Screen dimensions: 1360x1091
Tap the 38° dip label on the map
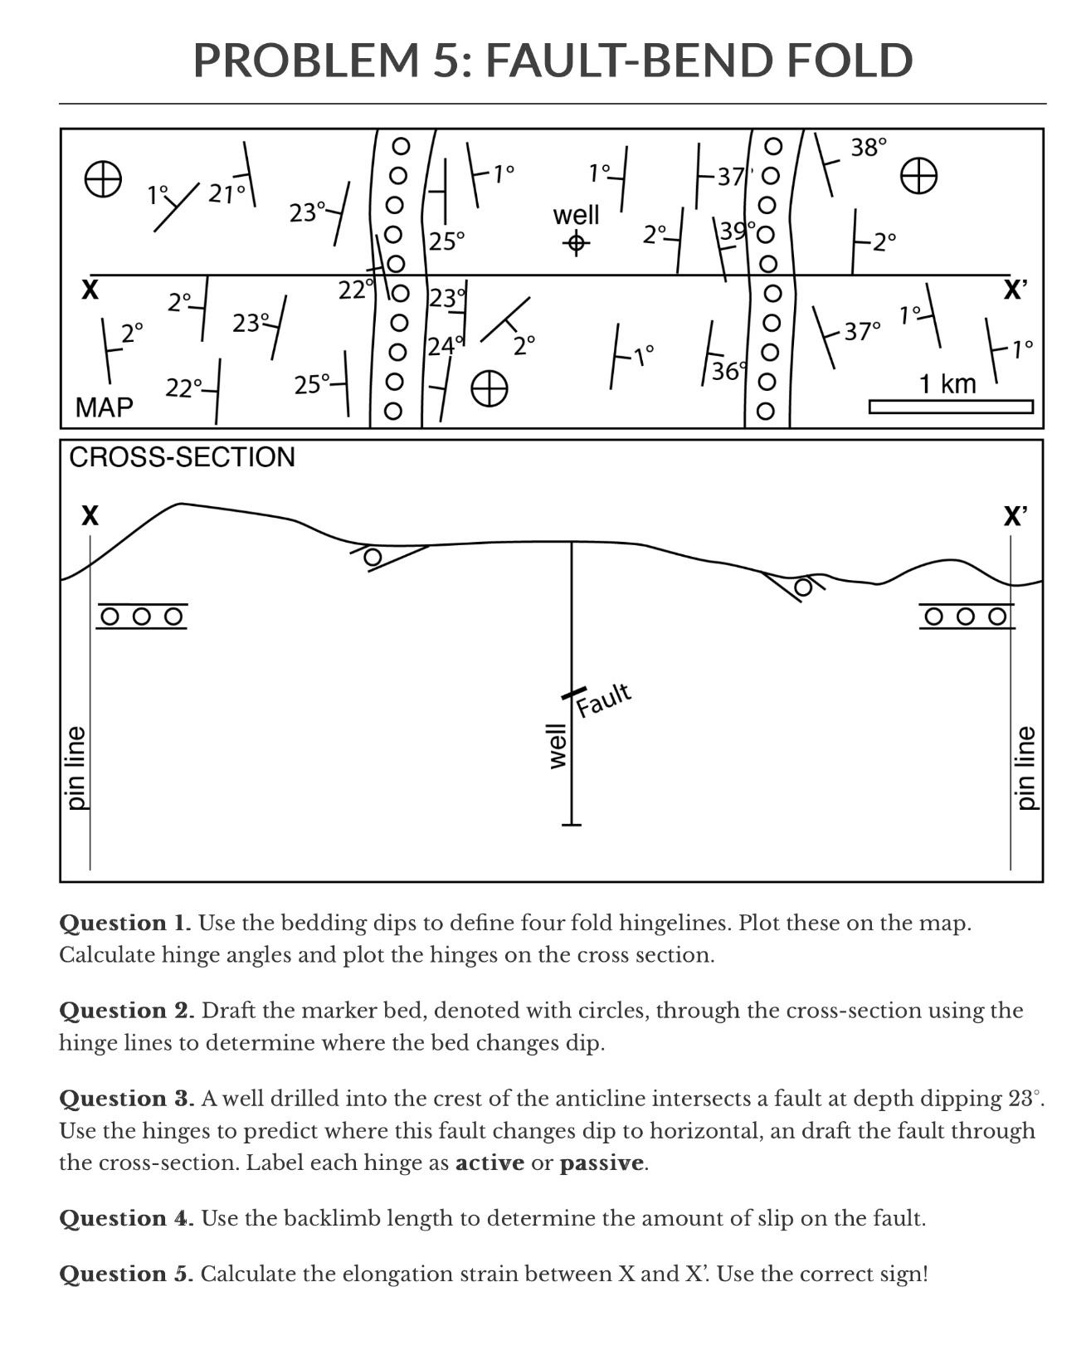tap(869, 148)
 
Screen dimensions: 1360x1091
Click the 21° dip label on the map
tap(226, 193)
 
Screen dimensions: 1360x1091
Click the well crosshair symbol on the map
tap(577, 243)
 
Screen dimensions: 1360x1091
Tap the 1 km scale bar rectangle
tap(951, 407)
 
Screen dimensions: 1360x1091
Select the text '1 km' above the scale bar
tap(947, 384)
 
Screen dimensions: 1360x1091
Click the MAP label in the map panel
tap(104, 407)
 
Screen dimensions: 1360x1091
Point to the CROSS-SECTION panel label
tap(182, 457)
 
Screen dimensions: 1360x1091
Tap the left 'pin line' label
tap(76, 768)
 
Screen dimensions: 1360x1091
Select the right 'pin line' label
tap(1026, 768)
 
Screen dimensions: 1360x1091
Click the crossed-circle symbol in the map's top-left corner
tap(104, 178)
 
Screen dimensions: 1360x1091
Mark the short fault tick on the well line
tap(572, 693)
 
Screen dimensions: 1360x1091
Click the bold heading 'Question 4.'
tap(126, 1218)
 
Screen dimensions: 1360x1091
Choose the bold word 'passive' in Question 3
tap(602, 1163)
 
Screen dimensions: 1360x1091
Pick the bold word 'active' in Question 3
tap(489, 1163)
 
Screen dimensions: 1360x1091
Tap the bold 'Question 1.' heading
tap(124, 923)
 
